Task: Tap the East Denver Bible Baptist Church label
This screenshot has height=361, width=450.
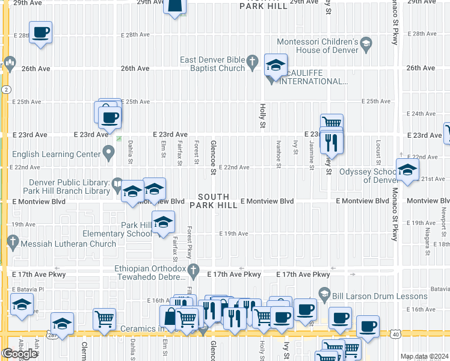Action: click(x=214, y=64)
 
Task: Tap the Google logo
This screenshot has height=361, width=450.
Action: click(x=20, y=354)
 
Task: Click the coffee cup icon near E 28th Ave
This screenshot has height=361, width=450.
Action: click(x=40, y=32)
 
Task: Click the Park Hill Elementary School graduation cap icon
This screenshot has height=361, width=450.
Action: click(x=162, y=222)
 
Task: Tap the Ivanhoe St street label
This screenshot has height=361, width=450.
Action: click(x=278, y=152)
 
